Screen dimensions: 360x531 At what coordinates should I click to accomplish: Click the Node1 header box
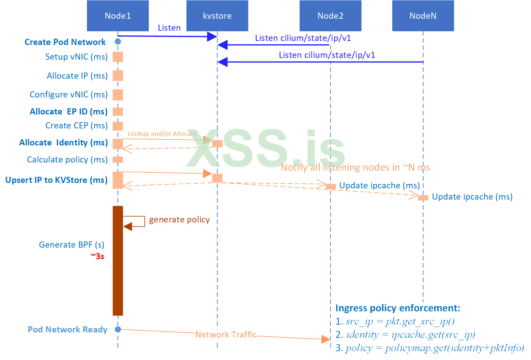(x=118, y=16)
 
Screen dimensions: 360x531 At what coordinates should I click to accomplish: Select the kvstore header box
(x=217, y=16)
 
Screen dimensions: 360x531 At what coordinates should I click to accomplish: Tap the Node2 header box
(x=330, y=16)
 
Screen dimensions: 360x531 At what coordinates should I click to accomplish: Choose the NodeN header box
(x=423, y=16)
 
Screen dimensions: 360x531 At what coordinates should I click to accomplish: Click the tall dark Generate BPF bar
(x=118, y=261)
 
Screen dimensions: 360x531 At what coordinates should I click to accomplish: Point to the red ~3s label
(x=97, y=256)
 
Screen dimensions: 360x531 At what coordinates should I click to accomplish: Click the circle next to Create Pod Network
(x=118, y=42)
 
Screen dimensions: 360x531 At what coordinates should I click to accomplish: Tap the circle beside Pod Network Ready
(x=118, y=329)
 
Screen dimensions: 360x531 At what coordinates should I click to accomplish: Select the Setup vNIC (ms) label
(x=76, y=57)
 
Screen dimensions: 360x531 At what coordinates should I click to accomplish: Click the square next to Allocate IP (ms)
(x=118, y=76)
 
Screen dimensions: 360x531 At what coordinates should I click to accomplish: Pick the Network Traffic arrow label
(x=226, y=334)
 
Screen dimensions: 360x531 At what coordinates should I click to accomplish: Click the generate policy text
(x=179, y=220)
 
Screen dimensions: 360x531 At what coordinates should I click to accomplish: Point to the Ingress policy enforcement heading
(x=398, y=308)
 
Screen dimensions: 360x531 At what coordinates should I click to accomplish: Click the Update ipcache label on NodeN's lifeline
(x=472, y=197)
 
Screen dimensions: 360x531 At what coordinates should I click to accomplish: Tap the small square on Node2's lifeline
(x=330, y=187)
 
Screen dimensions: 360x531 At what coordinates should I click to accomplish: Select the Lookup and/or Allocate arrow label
(x=162, y=134)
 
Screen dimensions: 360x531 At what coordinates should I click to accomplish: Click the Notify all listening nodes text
(x=355, y=167)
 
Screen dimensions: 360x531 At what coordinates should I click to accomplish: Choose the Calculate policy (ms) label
(x=67, y=160)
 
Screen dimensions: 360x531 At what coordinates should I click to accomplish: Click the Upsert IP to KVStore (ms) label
(x=56, y=180)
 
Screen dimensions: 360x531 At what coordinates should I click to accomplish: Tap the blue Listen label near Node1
(x=169, y=28)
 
